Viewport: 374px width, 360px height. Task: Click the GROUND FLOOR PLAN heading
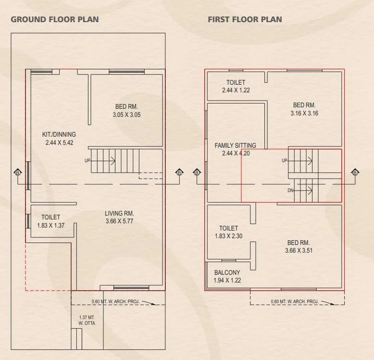pyautogui.click(x=55, y=20)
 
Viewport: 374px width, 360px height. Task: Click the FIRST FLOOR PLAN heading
pyautogui.click(x=245, y=20)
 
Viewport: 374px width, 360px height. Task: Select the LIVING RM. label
pyautogui.click(x=119, y=213)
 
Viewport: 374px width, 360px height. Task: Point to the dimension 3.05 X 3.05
pyautogui.click(x=126, y=115)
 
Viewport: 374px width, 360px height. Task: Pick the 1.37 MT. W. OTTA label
pyautogui.click(x=87, y=321)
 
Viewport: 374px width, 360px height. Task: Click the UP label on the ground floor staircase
pyautogui.click(x=87, y=160)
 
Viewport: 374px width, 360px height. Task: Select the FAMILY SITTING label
pyautogui.click(x=236, y=145)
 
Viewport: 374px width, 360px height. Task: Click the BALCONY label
pyautogui.click(x=227, y=273)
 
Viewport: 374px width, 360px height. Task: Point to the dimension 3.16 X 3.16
pyautogui.click(x=304, y=114)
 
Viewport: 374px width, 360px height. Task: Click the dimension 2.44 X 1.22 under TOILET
pyautogui.click(x=236, y=90)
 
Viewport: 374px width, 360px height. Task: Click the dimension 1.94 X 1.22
pyautogui.click(x=227, y=280)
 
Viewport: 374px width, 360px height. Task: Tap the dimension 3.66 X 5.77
pyautogui.click(x=119, y=221)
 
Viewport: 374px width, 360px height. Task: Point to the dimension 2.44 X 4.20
pyautogui.click(x=236, y=153)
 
